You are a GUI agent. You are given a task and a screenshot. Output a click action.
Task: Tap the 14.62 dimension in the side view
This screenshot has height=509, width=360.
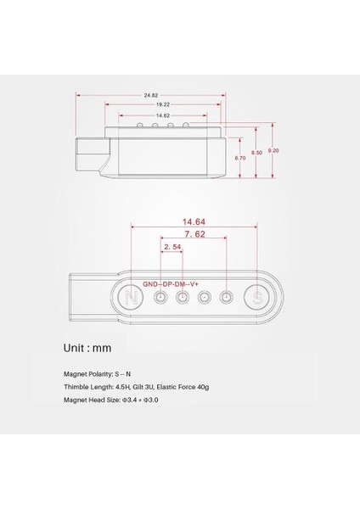point(160,115)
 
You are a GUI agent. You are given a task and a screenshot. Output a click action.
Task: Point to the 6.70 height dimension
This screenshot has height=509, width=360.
point(241,158)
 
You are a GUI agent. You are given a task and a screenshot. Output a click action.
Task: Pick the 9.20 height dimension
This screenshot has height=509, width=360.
point(272,150)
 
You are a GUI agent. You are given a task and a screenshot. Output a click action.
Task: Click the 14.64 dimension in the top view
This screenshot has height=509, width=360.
point(194,220)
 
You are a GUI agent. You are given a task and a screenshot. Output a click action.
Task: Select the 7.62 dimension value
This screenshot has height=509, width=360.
point(194,233)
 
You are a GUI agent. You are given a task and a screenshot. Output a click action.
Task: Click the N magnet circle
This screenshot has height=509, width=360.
point(132,298)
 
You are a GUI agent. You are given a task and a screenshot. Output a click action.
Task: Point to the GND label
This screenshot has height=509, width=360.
point(151,283)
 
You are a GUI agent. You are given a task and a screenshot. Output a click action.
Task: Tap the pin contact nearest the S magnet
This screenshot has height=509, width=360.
point(227,298)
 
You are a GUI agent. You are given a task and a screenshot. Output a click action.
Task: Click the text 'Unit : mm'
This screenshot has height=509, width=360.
point(87,347)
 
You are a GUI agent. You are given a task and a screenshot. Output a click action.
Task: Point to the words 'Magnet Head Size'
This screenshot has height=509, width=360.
point(92,399)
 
